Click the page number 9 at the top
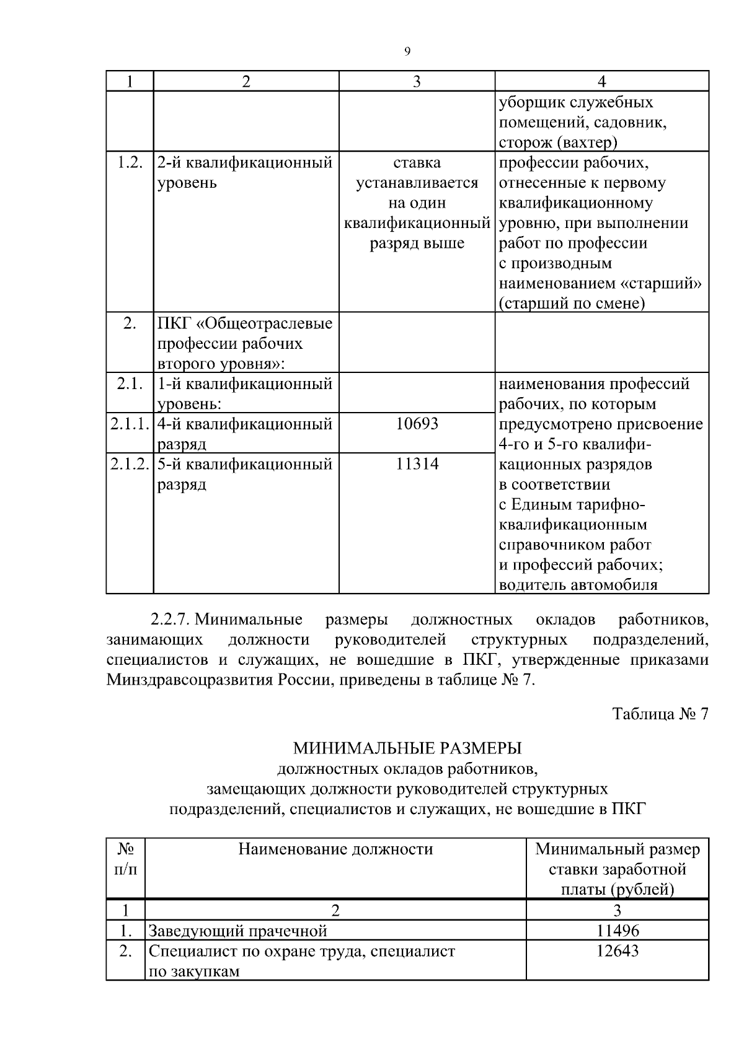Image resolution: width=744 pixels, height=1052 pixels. coord(407,52)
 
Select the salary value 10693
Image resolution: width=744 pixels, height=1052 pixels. coord(417,424)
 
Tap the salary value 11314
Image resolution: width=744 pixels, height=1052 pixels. coord(417,463)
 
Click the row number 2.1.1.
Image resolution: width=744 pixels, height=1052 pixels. coord(130,424)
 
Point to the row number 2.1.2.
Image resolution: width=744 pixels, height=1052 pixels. coord(130,463)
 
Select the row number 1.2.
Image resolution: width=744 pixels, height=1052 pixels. coord(130,162)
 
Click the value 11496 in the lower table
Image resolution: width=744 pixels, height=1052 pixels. coord(617,931)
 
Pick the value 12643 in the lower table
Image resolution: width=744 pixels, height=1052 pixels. coord(617,950)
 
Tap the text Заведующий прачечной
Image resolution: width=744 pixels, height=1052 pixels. coord(237,931)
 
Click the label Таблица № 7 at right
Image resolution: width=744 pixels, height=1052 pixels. coord(660,714)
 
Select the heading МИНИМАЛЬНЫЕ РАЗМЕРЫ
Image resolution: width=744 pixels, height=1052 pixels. coord(407,748)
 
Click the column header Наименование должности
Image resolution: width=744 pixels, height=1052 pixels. coord(335,849)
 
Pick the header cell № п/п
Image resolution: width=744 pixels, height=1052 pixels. coord(125,859)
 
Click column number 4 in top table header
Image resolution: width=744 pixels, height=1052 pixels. coord(601,82)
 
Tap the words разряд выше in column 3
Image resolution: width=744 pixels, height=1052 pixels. coord(417,243)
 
